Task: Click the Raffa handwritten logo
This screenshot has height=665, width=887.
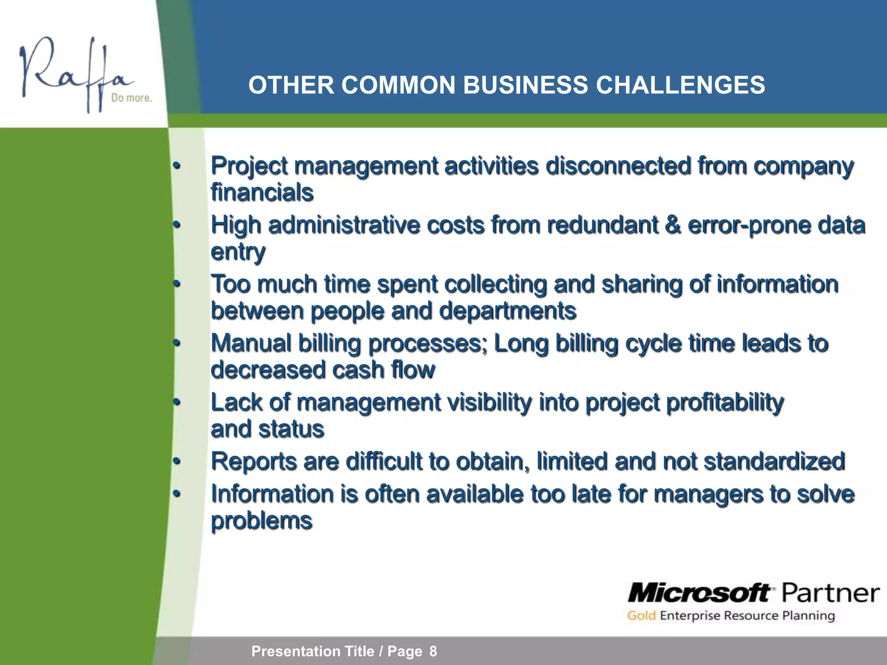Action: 74,74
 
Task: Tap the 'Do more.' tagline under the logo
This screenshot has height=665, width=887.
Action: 131,98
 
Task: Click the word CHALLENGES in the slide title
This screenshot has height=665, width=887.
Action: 680,85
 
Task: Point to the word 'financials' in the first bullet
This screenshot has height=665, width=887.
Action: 262,192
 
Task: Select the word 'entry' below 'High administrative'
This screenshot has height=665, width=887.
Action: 237,252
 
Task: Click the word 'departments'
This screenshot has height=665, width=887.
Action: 507,311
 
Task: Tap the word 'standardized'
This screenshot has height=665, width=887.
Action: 774,461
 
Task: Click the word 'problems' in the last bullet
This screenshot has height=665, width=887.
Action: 261,521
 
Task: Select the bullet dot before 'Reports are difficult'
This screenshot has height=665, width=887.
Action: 176,462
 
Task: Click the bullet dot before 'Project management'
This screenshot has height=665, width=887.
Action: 176,166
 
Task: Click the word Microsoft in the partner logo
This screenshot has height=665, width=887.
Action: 699,593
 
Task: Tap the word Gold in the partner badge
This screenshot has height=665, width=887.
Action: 641,616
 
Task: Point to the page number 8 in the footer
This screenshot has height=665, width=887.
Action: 433,651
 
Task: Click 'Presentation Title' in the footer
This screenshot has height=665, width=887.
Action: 313,651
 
